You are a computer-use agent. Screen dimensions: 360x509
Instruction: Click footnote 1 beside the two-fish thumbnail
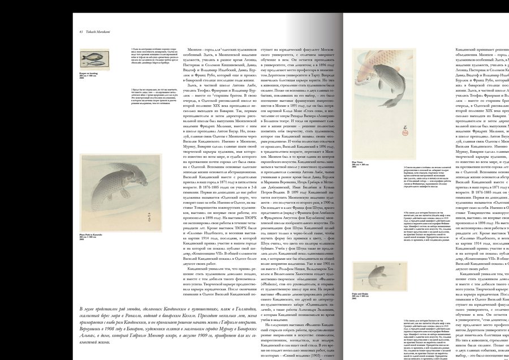click(x=150, y=57)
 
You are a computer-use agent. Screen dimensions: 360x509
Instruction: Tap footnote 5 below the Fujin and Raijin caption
click(x=398, y=317)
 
